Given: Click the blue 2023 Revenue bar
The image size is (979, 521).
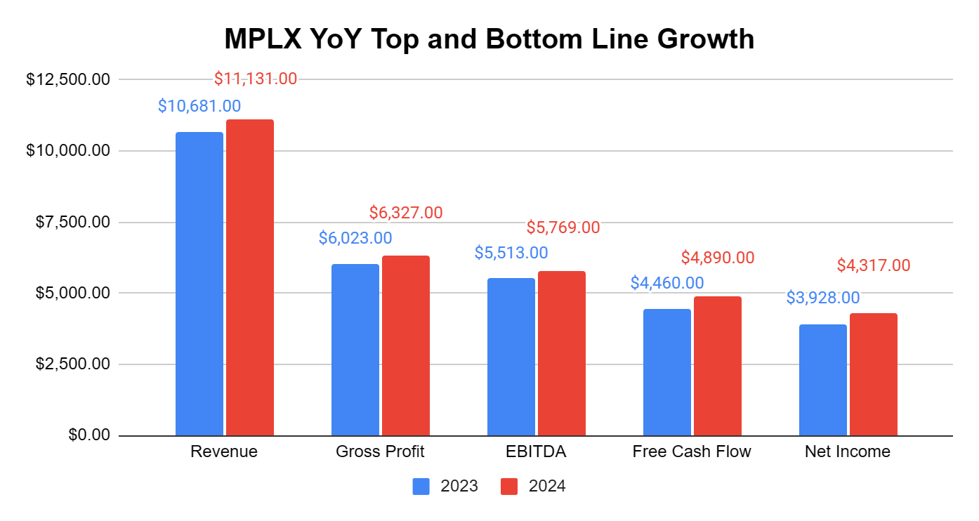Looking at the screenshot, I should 199,284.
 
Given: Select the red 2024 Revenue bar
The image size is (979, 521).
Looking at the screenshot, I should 250,277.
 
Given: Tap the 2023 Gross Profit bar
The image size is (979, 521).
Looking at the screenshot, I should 355,350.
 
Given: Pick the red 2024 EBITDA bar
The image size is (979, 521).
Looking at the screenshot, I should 562,353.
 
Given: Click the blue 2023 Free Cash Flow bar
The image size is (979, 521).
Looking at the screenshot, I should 667,372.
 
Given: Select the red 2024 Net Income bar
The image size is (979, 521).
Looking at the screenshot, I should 874,374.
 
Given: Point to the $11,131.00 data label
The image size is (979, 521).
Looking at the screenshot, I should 256,79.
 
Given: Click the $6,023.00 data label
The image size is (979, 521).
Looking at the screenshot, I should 355,238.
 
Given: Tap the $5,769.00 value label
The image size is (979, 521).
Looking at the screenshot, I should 563,227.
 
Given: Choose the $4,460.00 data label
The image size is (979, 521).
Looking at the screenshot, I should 667,283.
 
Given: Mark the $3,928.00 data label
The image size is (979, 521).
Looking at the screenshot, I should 823,298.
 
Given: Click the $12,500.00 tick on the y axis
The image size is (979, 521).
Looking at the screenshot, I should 68,79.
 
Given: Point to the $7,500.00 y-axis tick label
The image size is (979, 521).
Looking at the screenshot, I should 72,222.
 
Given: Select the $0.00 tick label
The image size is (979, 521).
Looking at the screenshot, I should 89,435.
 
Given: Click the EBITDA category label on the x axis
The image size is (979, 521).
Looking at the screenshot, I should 536,451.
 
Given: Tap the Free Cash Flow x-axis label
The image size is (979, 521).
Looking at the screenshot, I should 692,451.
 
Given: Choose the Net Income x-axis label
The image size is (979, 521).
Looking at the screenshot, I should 848,451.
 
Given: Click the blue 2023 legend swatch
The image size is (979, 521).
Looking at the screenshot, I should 421,486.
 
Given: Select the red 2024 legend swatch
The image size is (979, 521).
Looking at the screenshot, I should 508,486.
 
